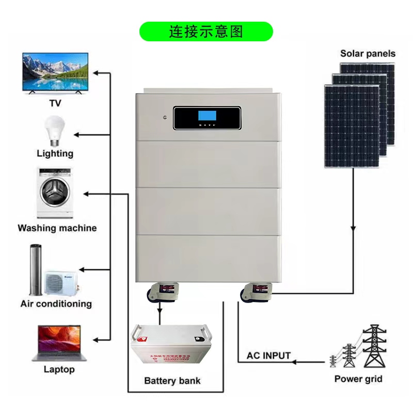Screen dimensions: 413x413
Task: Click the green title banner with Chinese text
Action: click(206, 31)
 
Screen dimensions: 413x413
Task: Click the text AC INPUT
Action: click(268, 356)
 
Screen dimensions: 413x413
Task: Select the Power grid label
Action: click(358, 379)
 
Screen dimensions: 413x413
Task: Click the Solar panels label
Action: click(368, 54)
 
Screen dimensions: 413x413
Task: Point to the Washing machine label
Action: click(57, 228)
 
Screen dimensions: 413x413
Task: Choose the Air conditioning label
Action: click(56, 304)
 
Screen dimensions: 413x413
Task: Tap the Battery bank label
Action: click(172, 381)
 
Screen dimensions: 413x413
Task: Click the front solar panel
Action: click(352, 126)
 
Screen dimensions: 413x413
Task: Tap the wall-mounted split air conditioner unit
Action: click(61, 282)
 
